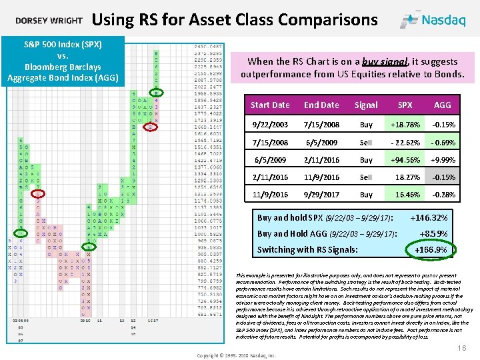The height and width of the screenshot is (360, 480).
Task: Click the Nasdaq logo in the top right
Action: click(437, 19)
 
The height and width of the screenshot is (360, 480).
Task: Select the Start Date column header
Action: click(269, 105)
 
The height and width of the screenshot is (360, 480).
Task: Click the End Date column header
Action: click(321, 105)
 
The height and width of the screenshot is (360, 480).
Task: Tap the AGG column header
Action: click(442, 105)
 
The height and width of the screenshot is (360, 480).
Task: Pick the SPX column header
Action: click(405, 105)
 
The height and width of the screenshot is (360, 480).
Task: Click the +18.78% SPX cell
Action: click(405, 125)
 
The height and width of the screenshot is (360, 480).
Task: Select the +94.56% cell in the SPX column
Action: click(405, 160)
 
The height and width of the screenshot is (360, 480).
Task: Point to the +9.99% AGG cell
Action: click(442, 160)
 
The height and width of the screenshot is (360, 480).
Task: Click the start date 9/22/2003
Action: click(269, 125)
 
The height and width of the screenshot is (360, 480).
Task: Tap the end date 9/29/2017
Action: click(321, 195)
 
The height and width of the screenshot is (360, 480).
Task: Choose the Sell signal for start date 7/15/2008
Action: click(366, 143)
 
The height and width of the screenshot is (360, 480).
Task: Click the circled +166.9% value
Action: click(431, 250)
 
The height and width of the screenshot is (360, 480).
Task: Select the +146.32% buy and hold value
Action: click(429, 218)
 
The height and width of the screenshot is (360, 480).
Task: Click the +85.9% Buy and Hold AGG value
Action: click(433, 234)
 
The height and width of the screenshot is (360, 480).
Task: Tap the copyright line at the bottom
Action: click(236, 355)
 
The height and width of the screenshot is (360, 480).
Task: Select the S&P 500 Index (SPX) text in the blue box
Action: click(63, 45)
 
